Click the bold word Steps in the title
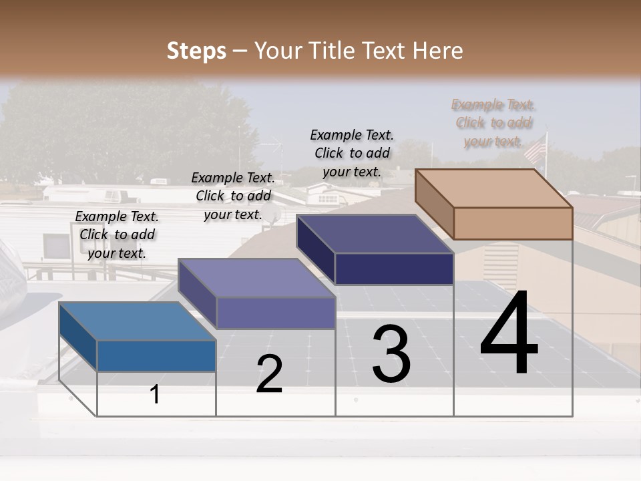(196, 51)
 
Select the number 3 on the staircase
(391, 354)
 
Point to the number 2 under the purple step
(269, 374)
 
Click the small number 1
(155, 394)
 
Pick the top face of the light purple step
(256, 277)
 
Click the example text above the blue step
(117, 234)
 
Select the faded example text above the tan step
(494, 123)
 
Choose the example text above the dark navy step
(352, 153)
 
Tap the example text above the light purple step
(233, 196)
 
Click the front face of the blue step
(156, 355)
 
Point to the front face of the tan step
(513, 223)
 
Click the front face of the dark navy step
(394, 269)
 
